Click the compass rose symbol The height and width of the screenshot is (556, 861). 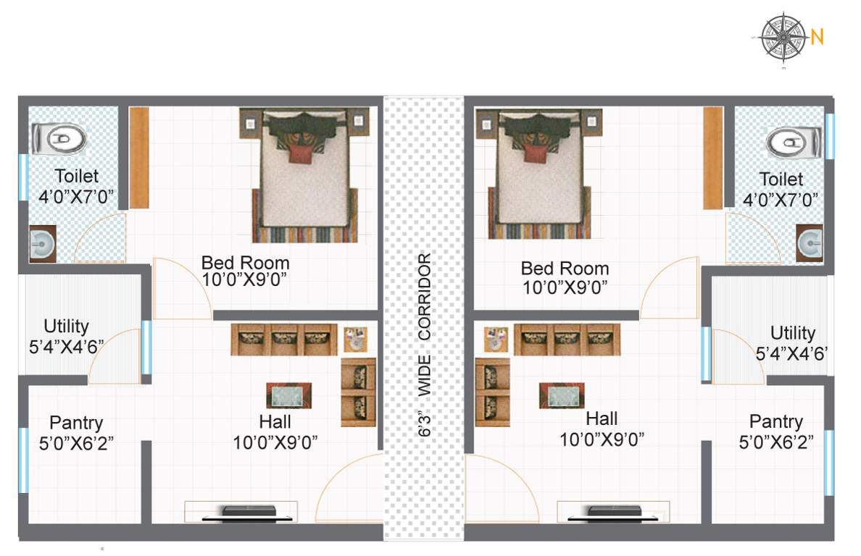click(784, 36)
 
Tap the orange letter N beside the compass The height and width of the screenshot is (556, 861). click(817, 37)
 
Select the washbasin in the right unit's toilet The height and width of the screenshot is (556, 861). click(809, 242)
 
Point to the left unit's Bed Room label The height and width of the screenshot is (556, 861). click(245, 263)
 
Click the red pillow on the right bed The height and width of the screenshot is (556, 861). click(534, 153)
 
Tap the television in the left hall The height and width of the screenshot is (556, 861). click(249, 512)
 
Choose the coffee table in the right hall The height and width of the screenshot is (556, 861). click(562, 396)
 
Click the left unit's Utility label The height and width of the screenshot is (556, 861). click(66, 325)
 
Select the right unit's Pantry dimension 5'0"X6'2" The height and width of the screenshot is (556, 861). click(776, 441)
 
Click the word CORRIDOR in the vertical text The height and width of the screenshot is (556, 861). click(425, 297)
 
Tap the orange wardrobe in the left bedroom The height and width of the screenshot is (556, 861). click(139, 156)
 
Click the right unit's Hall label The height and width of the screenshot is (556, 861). click(602, 418)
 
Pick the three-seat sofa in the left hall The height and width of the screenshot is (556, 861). click(284, 340)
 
